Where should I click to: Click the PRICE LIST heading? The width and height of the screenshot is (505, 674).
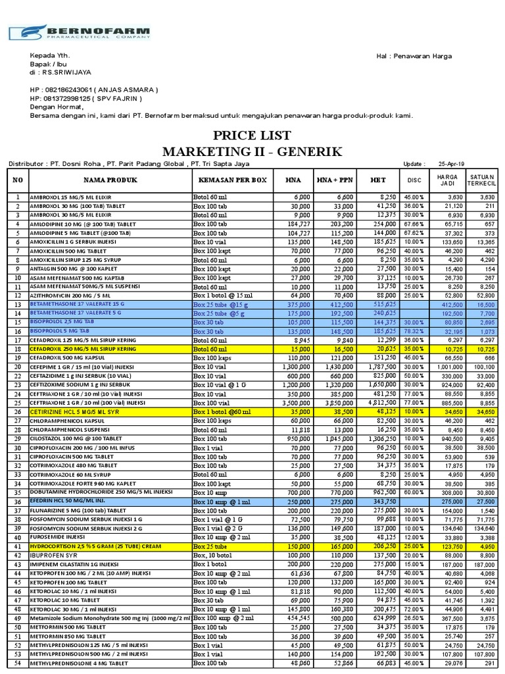coord(252,136)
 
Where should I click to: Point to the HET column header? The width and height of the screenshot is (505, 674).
coord(377,180)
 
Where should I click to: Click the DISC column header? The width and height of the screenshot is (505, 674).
coord(413,180)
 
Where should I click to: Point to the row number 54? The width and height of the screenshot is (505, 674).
coord(18,664)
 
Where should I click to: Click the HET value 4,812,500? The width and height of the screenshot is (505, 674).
coord(377,401)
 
